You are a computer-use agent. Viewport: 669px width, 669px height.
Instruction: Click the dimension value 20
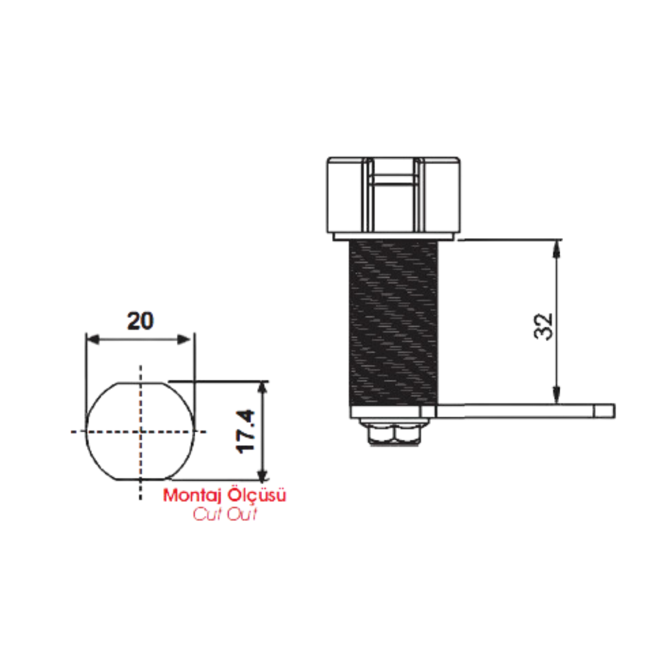[x=140, y=321]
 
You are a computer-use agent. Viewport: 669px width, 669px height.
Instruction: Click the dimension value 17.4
[x=245, y=432]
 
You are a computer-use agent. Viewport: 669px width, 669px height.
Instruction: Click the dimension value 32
[x=543, y=326]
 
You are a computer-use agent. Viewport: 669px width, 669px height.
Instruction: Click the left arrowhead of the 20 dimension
[x=93, y=340]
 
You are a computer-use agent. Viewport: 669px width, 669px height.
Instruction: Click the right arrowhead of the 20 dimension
[x=183, y=340]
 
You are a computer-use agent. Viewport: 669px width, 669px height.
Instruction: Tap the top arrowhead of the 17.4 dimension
[x=263, y=388]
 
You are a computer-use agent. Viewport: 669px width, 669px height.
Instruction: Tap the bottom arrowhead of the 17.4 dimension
[x=263, y=473]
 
